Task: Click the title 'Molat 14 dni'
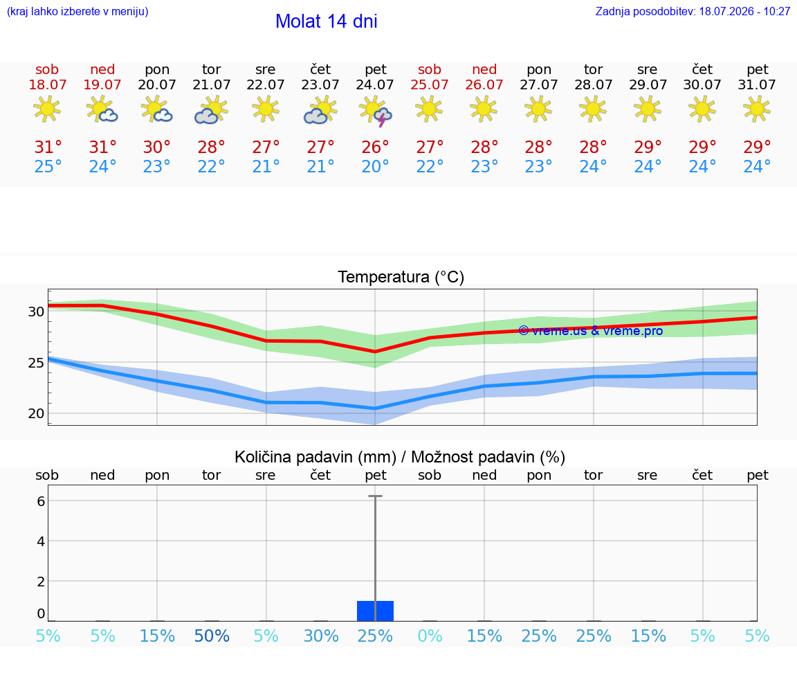pos(327,21)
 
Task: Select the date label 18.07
pos(47,84)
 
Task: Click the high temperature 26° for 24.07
pos(375,147)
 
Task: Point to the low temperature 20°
pos(375,166)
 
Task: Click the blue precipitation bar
pos(375,611)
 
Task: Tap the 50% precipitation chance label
pos(212,636)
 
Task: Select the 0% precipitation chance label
pos(430,636)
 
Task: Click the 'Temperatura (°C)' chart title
pos(401,277)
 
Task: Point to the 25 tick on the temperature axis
pos(36,363)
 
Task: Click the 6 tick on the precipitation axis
pos(42,501)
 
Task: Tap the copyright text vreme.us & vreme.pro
pos(591,331)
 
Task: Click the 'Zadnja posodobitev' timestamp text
pos(693,11)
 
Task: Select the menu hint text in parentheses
pos(77,11)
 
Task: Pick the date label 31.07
pos(757,84)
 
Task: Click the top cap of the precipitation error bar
pos(375,496)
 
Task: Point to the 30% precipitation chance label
pos(321,636)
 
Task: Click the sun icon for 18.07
pos(47,109)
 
